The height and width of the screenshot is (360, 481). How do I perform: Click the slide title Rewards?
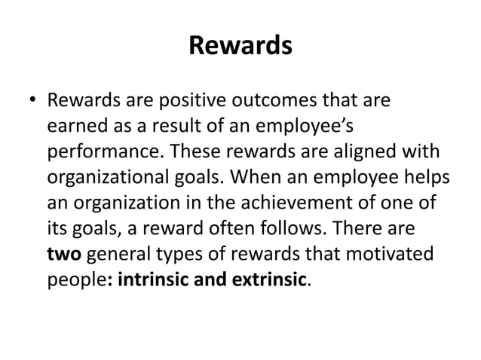click(x=240, y=47)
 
